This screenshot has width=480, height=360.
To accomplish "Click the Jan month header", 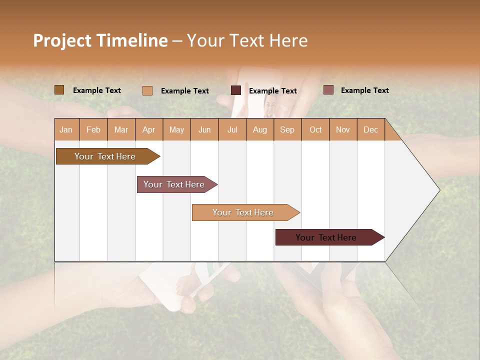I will pyautogui.click(x=66, y=129).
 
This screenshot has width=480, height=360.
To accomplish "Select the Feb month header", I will pyautogui.click(x=93, y=129).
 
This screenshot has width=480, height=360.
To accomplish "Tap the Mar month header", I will pyautogui.click(x=121, y=129).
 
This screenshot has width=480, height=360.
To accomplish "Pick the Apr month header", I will pyautogui.click(x=149, y=129).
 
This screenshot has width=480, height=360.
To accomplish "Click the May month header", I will pyautogui.click(x=176, y=129).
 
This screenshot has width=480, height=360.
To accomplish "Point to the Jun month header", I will pyautogui.click(x=204, y=129).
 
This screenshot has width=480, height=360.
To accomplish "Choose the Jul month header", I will pyautogui.click(x=232, y=129).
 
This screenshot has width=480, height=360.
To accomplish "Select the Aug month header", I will pyautogui.click(x=260, y=129).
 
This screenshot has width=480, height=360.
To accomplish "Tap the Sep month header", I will pyautogui.click(x=287, y=129).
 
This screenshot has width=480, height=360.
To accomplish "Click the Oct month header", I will pyautogui.click(x=315, y=129).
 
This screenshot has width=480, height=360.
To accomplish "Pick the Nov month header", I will pyautogui.click(x=343, y=129).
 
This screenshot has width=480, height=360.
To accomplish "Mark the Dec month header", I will pyautogui.click(x=370, y=129).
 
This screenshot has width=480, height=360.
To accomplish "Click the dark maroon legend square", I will pyautogui.click(x=236, y=90).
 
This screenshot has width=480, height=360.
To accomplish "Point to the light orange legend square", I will pyautogui.click(x=147, y=90).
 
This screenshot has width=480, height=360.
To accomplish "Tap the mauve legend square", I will pyautogui.click(x=328, y=90).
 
